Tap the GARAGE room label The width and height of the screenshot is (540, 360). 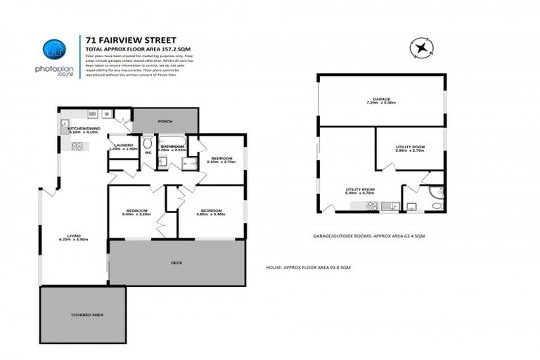[381, 99]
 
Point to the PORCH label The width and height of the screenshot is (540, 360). [165, 121]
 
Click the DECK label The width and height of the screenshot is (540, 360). [176, 262]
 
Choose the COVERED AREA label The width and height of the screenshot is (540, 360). [87, 314]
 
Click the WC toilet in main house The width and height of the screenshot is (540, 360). [148, 142]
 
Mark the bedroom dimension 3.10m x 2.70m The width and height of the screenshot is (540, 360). [222, 162]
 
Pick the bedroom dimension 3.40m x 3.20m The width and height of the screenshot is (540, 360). [136, 214]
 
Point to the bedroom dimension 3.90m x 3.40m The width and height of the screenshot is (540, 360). [210, 214]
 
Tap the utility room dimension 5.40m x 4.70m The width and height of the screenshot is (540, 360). [359, 193]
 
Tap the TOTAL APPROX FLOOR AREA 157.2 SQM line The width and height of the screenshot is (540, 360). [128, 48]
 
